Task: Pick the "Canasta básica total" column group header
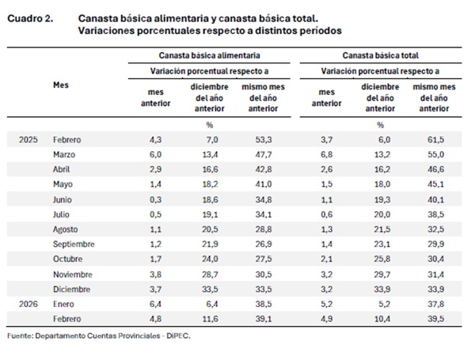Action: point(379,56)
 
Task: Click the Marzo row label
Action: point(65,155)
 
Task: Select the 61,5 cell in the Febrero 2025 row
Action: point(430,140)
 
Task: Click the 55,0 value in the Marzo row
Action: point(430,155)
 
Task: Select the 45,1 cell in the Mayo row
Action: point(430,185)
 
